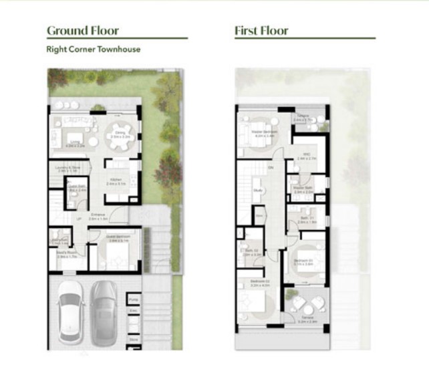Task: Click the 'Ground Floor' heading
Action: point(83,30)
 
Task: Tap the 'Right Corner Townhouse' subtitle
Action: point(94,49)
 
